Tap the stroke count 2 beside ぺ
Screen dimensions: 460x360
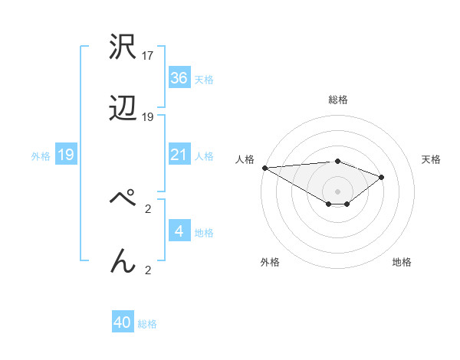pyautogui.click(x=148, y=207)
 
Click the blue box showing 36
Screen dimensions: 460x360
pyautogui.click(x=179, y=78)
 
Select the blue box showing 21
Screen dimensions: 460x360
pyautogui.click(x=179, y=155)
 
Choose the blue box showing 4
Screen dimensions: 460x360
pyautogui.click(x=179, y=231)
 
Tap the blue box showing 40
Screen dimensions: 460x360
pyautogui.click(x=123, y=322)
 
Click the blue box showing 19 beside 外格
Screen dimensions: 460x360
pyautogui.click(x=65, y=155)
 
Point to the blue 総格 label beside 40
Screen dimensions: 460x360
pyautogui.click(x=147, y=324)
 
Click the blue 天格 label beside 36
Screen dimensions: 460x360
pyautogui.click(x=204, y=80)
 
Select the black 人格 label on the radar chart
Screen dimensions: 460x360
pyautogui.click(x=245, y=159)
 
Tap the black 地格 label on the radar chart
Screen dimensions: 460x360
pyautogui.click(x=402, y=262)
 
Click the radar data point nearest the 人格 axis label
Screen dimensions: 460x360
pyautogui.click(x=264, y=167)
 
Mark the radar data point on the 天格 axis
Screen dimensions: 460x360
pyautogui.click(x=381, y=177)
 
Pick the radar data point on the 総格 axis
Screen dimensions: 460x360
pyautogui.click(x=337, y=161)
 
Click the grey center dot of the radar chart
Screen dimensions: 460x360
pyautogui.click(x=337, y=191)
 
